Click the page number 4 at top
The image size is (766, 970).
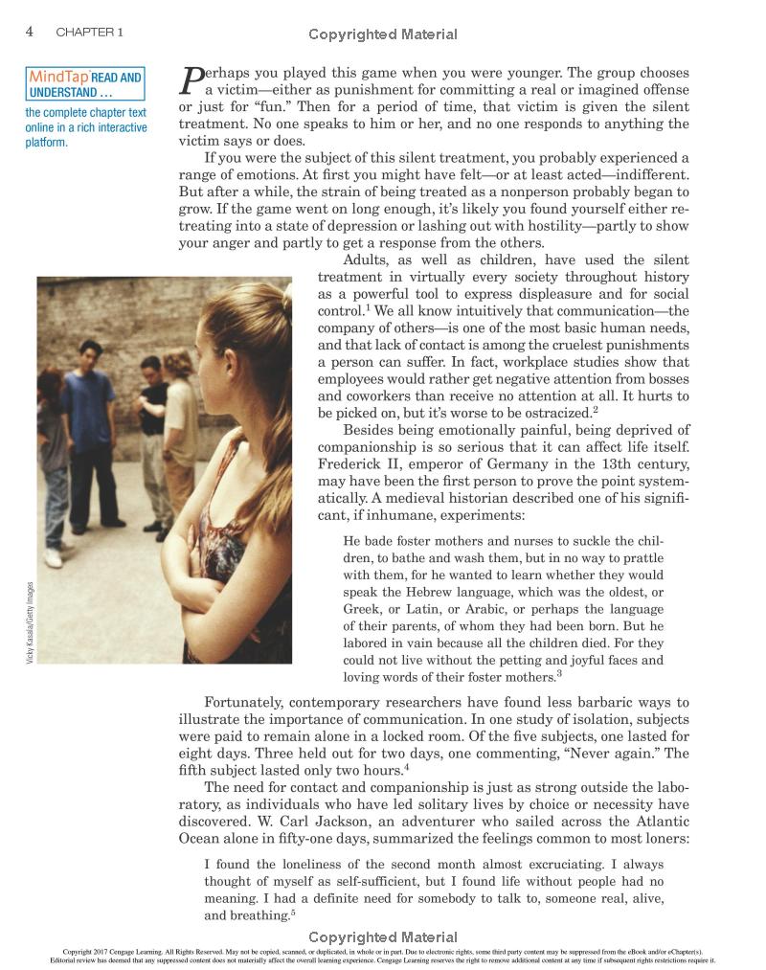coord(29,31)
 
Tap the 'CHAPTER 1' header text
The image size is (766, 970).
coord(89,32)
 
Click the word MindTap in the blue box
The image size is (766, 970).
coord(59,77)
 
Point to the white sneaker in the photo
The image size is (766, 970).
coord(54,557)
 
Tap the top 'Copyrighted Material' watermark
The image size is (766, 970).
coord(383,34)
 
